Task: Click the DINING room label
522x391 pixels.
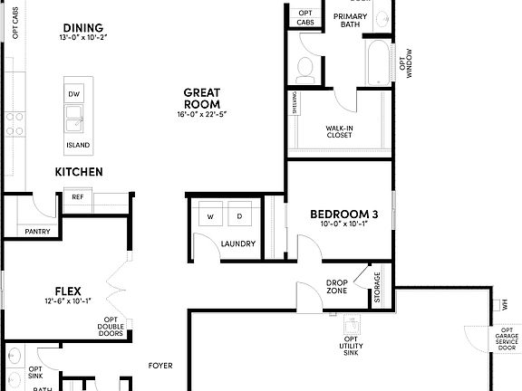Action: pos(82,28)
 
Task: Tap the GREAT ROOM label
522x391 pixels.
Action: pos(204,98)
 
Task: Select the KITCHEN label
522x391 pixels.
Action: pos(79,172)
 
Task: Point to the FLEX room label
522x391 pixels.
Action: pos(69,291)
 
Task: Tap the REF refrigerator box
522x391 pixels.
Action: pos(78,196)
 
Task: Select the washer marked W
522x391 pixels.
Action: pos(211,217)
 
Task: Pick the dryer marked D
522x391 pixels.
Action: pos(241,217)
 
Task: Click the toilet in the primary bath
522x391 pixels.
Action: pos(304,66)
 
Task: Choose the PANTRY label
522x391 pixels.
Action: pos(38,231)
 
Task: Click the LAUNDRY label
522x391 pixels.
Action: pos(237,243)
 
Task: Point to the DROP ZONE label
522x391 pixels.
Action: pos(336,287)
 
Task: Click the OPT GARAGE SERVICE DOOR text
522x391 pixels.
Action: pos(506,341)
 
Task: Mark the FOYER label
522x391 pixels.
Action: pos(161,367)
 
